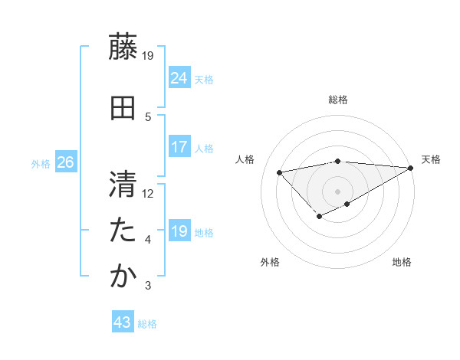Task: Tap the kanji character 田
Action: click(123, 108)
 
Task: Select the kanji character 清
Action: click(123, 185)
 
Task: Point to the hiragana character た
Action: click(123, 231)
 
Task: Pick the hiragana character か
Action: click(123, 277)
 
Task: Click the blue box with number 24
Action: click(179, 77)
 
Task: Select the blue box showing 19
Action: click(179, 231)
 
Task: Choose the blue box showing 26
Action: click(65, 162)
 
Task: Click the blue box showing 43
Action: click(122, 322)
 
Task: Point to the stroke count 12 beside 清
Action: click(148, 193)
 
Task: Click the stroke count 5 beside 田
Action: click(148, 116)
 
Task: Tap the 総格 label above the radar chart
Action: click(338, 100)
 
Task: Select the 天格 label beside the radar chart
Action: click(431, 159)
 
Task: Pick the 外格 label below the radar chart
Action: click(270, 262)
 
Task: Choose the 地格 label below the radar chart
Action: click(402, 262)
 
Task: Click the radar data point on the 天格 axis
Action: click(410, 168)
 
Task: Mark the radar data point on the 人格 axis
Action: click(279, 172)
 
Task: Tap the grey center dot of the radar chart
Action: click(337, 191)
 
